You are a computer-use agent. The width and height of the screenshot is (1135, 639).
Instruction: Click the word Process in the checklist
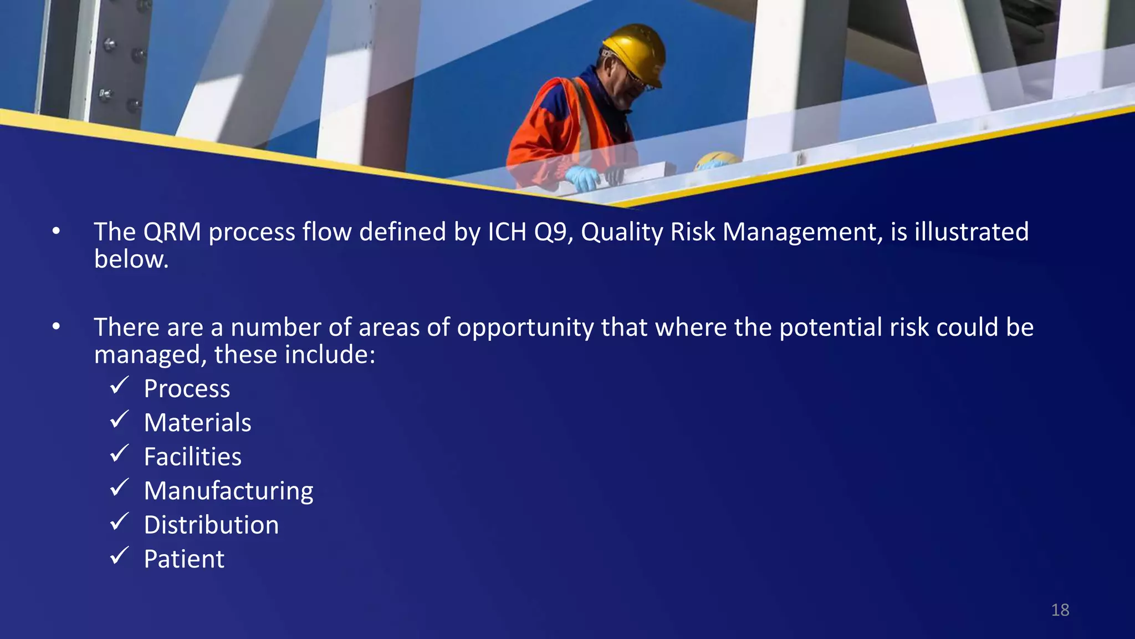point(187,389)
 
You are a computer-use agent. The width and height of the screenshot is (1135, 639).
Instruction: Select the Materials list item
point(197,423)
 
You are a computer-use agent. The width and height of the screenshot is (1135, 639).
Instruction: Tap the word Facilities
point(192,457)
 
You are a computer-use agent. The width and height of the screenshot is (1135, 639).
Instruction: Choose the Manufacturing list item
point(228,491)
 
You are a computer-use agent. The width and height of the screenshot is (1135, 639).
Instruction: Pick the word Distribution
point(211,525)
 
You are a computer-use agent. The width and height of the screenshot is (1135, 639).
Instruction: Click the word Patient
point(184,559)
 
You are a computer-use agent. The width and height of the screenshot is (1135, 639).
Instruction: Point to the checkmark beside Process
point(119,386)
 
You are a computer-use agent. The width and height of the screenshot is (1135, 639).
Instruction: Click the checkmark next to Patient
point(119,556)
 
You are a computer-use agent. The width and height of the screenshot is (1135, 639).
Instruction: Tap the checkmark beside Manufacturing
point(119,488)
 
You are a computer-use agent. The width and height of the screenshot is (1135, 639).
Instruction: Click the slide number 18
point(1060,610)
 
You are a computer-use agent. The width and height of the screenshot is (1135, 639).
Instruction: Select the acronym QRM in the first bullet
point(172,232)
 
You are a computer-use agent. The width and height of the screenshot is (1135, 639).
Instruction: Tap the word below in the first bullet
point(131,260)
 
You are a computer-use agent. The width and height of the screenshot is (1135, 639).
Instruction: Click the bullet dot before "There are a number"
point(56,327)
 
